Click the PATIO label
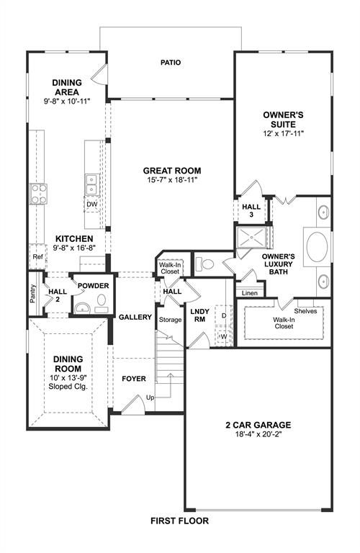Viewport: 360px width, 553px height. click(x=170, y=63)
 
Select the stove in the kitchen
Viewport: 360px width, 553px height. click(x=38, y=192)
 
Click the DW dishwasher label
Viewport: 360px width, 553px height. click(x=91, y=204)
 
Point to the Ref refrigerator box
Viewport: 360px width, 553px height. click(x=37, y=256)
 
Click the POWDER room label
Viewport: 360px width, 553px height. click(x=93, y=286)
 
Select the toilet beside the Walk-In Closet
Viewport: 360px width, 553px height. click(x=205, y=264)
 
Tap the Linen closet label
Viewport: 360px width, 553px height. click(x=249, y=293)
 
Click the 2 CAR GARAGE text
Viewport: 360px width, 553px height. click(x=256, y=425)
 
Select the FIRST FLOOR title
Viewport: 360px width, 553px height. click(x=179, y=520)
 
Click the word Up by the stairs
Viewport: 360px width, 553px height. click(x=150, y=397)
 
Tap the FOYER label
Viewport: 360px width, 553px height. click(x=133, y=377)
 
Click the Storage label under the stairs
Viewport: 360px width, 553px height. click(x=171, y=320)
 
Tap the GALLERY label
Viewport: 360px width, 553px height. click(x=135, y=317)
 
